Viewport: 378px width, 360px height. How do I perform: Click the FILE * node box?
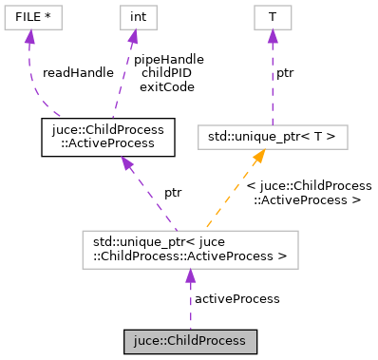click(x=31, y=16)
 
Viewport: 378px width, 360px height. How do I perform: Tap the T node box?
click(x=273, y=16)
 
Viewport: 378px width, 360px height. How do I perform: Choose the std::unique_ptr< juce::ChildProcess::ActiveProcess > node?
click(x=190, y=248)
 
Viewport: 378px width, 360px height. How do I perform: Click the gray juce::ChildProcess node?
click(x=190, y=339)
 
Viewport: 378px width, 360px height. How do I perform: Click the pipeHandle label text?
click(x=168, y=59)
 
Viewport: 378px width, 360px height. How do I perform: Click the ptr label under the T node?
click(x=284, y=72)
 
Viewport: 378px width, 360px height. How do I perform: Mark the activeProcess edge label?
click(x=236, y=298)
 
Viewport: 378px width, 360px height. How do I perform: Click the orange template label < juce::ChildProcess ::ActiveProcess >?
click(x=309, y=193)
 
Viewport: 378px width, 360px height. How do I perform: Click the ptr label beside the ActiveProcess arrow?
click(x=172, y=193)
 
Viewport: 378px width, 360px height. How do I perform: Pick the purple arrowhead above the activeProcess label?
click(x=190, y=276)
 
